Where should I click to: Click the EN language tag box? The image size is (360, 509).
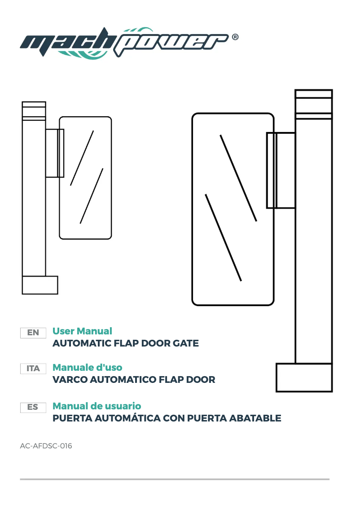click(33, 333)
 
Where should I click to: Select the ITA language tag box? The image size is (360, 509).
click(33, 369)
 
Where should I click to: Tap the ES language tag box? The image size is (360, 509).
click(33, 407)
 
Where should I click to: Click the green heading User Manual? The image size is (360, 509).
click(82, 331)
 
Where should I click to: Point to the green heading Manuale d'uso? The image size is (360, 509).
click(88, 367)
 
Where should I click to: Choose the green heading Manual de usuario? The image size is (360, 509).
click(97, 406)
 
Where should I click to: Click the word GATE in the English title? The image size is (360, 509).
click(185, 344)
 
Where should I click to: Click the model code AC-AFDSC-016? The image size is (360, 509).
click(46, 446)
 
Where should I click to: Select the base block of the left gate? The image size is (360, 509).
click(40, 285)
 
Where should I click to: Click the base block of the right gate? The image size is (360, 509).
click(304, 377)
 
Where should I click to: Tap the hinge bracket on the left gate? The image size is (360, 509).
click(54, 153)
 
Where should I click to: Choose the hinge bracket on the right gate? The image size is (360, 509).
click(281, 170)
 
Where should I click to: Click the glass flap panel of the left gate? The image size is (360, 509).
click(85, 177)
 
